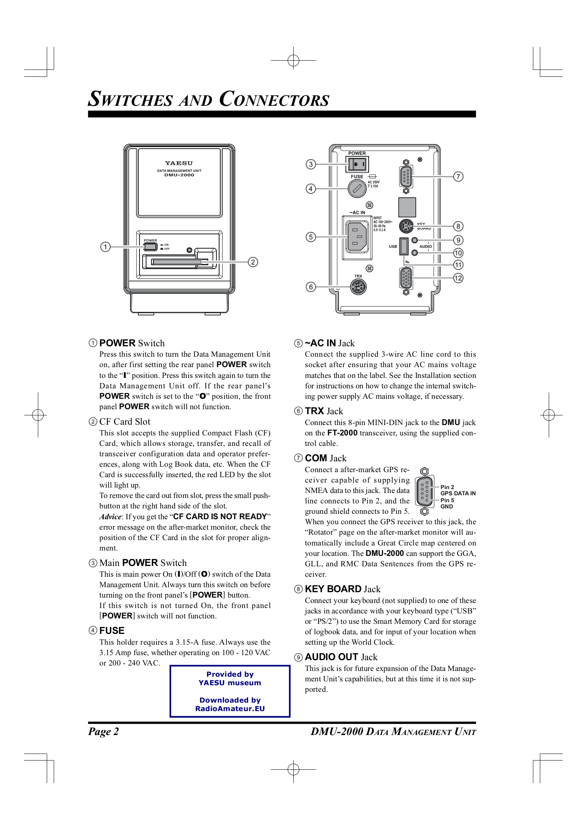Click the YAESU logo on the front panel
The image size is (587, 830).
[x=179, y=163]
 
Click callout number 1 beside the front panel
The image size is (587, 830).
[x=105, y=247]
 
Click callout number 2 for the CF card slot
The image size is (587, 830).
[x=253, y=262]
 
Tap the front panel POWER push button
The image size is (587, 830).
[x=150, y=247]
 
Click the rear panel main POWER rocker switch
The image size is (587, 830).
[x=357, y=164]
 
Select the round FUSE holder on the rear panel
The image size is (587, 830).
[x=357, y=189]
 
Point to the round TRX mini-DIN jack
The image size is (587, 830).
[x=358, y=287]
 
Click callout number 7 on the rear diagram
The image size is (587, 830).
[x=458, y=176]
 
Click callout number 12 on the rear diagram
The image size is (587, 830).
[x=458, y=278]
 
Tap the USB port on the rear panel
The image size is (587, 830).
[x=404, y=246]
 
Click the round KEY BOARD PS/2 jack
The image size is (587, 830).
[x=406, y=226]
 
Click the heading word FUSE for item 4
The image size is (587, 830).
[x=112, y=631]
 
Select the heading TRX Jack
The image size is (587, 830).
[x=324, y=411]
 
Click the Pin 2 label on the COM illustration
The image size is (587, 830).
[x=447, y=487]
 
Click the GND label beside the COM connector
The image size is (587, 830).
[x=446, y=506]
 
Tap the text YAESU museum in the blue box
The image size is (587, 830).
[x=230, y=683]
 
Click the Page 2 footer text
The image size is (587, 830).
[x=104, y=732]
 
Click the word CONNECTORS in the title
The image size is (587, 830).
[x=274, y=99]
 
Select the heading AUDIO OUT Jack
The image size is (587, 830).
[x=341, y=657]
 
